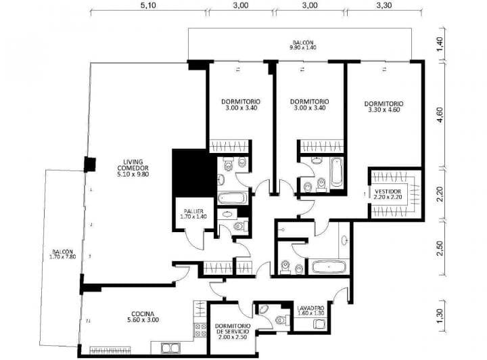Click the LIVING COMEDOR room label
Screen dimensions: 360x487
133,168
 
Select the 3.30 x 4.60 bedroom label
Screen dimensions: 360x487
384,108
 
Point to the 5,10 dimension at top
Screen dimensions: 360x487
149,5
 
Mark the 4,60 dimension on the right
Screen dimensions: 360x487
440,115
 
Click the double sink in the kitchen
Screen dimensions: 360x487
170,348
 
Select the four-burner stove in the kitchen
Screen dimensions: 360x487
200,330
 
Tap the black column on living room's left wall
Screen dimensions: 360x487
89,164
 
